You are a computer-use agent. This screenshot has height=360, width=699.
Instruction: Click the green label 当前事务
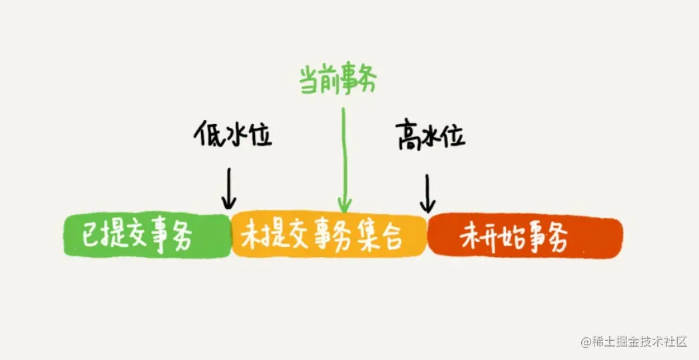tap(338, 81)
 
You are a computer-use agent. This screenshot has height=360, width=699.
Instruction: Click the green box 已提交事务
tap(148, 236)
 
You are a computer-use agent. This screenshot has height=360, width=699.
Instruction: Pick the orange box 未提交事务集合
tap(329, 234)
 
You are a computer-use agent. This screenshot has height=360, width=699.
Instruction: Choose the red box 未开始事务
tap(525, 237)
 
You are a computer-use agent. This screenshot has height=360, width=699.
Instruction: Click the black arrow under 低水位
tap(229, 188)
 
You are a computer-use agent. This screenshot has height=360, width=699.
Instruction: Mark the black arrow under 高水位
tap(427, 194)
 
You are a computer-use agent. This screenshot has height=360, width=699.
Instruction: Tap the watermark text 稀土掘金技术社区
tap(638, 342)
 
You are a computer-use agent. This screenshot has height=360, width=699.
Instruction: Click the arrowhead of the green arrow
tap(345, 206)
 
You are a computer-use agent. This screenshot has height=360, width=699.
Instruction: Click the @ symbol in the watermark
tap(586, 342)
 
